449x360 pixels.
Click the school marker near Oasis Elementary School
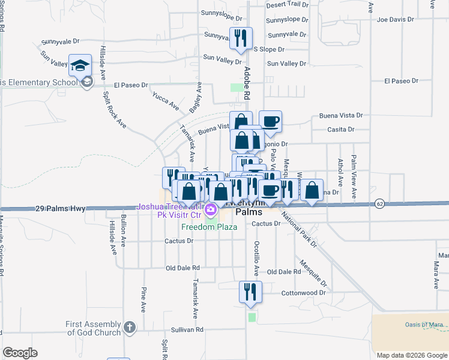(80, 67)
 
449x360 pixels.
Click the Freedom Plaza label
(209, 227)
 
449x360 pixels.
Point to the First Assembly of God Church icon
(129, 328)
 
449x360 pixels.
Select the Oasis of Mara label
(423, 325)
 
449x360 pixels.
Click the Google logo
(19, 352)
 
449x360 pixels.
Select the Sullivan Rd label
(187, 329)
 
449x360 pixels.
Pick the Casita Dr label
(340, 129)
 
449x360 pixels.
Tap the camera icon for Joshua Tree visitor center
(210, 211)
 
